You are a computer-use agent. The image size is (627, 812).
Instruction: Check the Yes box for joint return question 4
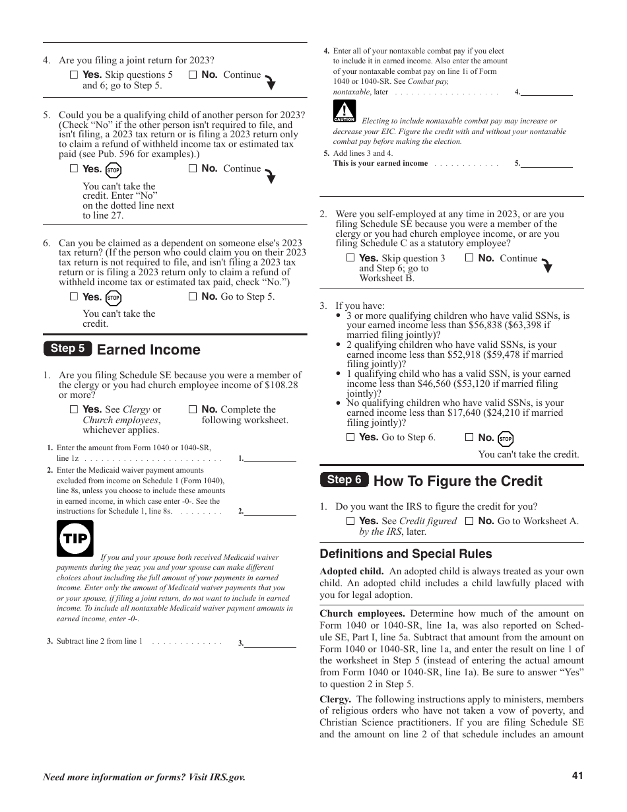74,75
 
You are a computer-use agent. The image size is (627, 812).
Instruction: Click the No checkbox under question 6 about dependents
193,297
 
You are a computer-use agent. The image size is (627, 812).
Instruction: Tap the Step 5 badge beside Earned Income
67,349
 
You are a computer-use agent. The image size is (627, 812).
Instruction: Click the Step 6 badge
344,480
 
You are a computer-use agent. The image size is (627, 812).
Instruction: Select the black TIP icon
75,538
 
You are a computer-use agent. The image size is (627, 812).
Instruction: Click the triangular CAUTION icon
345,111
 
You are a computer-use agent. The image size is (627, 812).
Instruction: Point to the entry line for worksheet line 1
270,457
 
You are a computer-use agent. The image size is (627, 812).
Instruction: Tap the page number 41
577,776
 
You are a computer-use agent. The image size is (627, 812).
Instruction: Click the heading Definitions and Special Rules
406,554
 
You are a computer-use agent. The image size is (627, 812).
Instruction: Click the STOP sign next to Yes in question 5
114,170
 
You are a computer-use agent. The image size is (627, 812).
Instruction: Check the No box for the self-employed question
469,259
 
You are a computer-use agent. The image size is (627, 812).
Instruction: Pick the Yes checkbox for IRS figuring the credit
350,521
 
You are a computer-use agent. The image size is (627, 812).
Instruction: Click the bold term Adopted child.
351,571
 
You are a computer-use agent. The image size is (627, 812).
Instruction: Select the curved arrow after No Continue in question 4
270,82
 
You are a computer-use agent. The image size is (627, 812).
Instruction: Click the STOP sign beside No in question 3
506,439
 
